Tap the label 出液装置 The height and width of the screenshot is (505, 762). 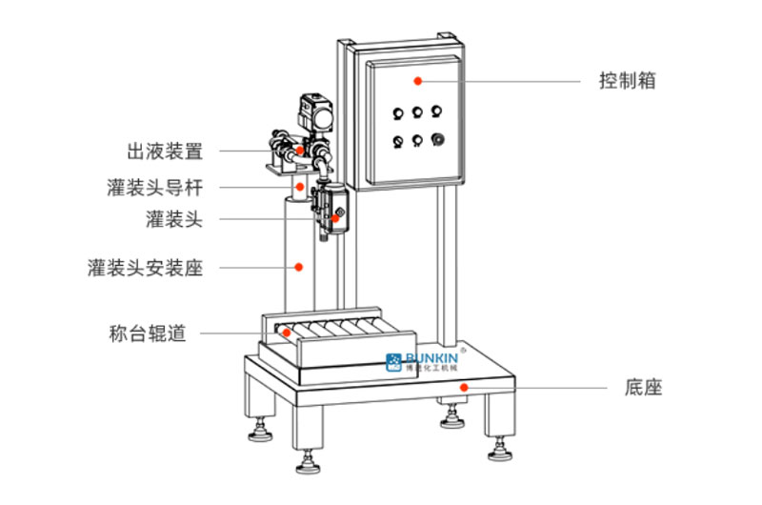coord(165,151)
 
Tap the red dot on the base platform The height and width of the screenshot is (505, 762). coord(464,387)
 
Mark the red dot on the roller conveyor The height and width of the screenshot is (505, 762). coord(287,333)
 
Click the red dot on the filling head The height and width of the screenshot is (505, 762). coord(334,219)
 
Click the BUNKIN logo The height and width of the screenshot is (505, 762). coord(423,360)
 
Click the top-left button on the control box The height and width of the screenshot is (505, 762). coord(398,113)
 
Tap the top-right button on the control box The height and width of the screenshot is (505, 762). coord(436,112)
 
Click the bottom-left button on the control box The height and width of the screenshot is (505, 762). coord(398,142)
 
